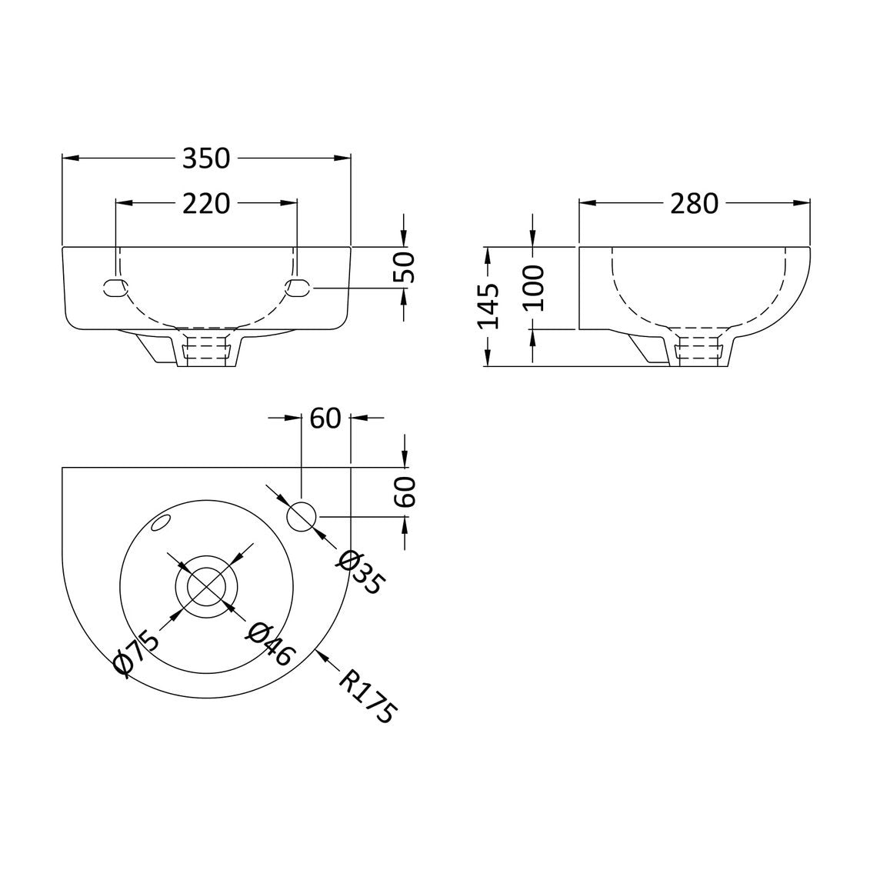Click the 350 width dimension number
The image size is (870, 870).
(x=206, y=158)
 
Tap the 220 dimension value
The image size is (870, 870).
(x=206, y=204)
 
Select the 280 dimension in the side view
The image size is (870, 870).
(x=694, y=204)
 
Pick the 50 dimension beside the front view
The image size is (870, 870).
(x=405, y=268)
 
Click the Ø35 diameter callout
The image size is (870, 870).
(x=358, y=572)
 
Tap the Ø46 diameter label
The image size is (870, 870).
(x=270, y=644)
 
